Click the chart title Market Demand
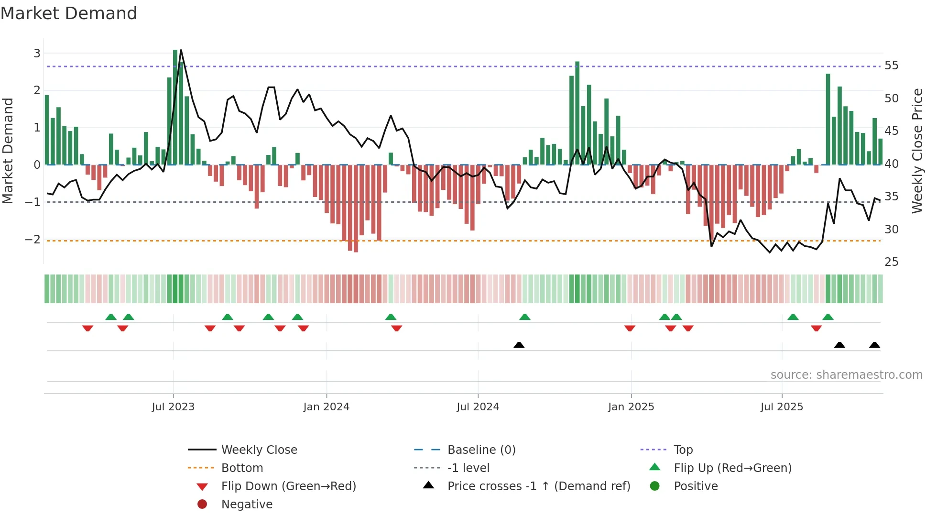[69, 13]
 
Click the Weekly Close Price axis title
[917, 151]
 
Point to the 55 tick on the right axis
[891, 65]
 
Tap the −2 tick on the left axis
[33, 239]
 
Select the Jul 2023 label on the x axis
[173, 407]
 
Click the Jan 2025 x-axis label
[631, 407]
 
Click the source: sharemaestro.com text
[846, 375]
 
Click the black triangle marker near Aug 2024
[519, 345]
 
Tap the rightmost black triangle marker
[874, 345]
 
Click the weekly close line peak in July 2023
[181, 50]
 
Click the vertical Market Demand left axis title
[8, 151]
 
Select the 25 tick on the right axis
[891, 262]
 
